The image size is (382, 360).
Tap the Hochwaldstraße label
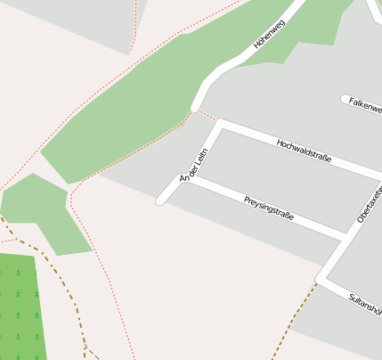[304, 150]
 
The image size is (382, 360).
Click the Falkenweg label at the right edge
[365, 104]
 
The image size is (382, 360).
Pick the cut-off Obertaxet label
[369, 204]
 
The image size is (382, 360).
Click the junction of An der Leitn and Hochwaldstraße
[219, 124]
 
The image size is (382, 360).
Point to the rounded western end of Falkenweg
[345, 99]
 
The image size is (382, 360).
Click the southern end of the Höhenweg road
[194, 109]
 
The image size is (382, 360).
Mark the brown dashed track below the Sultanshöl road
[294, 317]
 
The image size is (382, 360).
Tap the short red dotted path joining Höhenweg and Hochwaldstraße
[206, 115]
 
